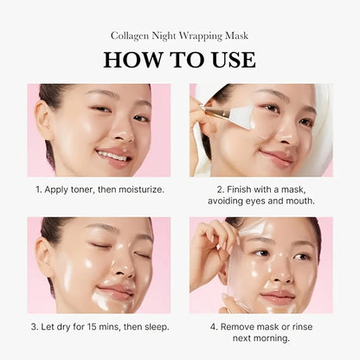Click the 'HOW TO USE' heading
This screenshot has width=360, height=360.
[179, 60]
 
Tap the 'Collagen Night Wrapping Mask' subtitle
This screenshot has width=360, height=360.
[179, 35]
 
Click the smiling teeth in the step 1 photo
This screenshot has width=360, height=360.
[112, 156]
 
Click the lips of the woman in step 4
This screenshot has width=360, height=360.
[278, 296]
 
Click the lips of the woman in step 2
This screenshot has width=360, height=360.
[275, 157]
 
